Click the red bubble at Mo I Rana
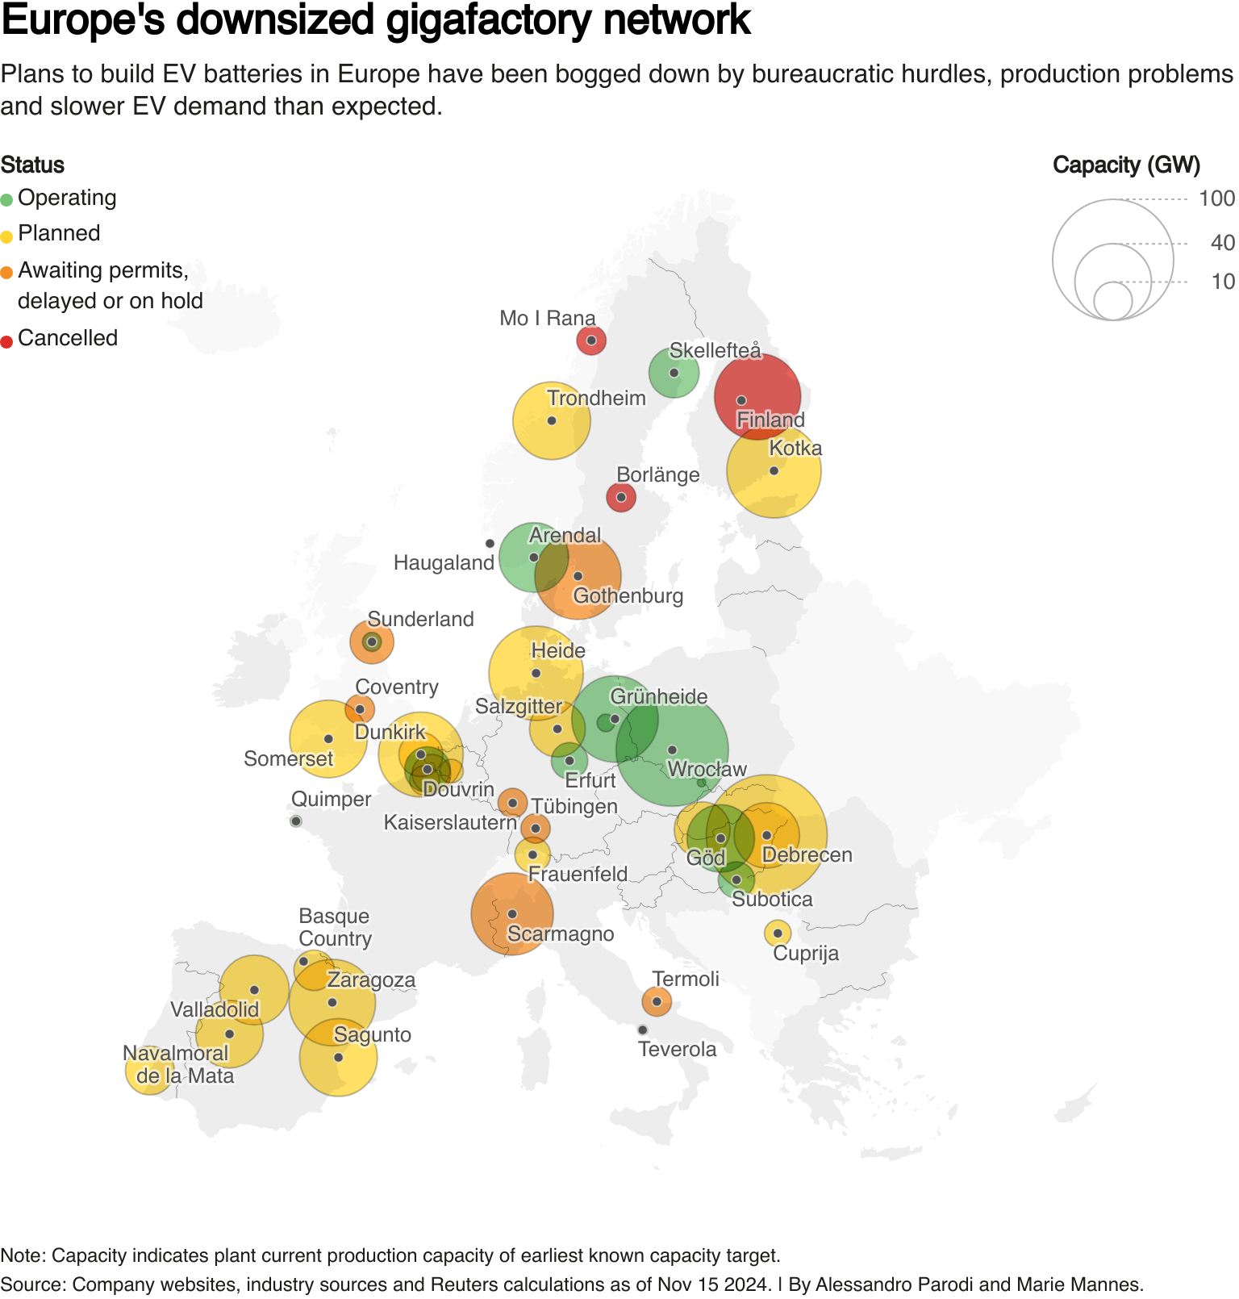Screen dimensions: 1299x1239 pyautogui.click(x=591, y=340)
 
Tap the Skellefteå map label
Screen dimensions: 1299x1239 pyautogui.click(x=715, y=350)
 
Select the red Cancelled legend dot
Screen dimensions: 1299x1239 pyautogui.click(x=6, y=341)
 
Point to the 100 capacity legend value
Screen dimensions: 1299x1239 pyautogui.click(x=1216, y=198)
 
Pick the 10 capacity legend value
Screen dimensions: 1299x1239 pyautogui.click(x=1223, y=282)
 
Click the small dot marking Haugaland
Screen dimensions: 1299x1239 pyautogui.click(x=490, y=544)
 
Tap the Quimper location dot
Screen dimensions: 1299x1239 pyautogui.click(x=296, y=821)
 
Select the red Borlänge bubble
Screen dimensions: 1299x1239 pyautogui.click(x=621, y=497)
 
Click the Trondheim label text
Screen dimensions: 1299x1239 pyautogui.click(x=596, y=398)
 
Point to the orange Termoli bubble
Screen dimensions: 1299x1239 pyautogui.click(x=657, y=1001)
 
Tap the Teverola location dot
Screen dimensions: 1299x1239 pyautogui.click(x=642, y=1030)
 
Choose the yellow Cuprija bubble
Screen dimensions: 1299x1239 pyautogui.click(x=778, y=933)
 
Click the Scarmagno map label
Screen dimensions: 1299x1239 pyautogui.click(x=561, y=934)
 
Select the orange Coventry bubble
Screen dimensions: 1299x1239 pyautogui.click(x=360, y=709)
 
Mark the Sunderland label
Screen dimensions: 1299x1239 pyautogui.click(x=420, y=619)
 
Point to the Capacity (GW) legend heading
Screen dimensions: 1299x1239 pyautogui.click(x=1126, y=165)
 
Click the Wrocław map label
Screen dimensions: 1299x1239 pyautogui.click(x=707, y=769)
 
